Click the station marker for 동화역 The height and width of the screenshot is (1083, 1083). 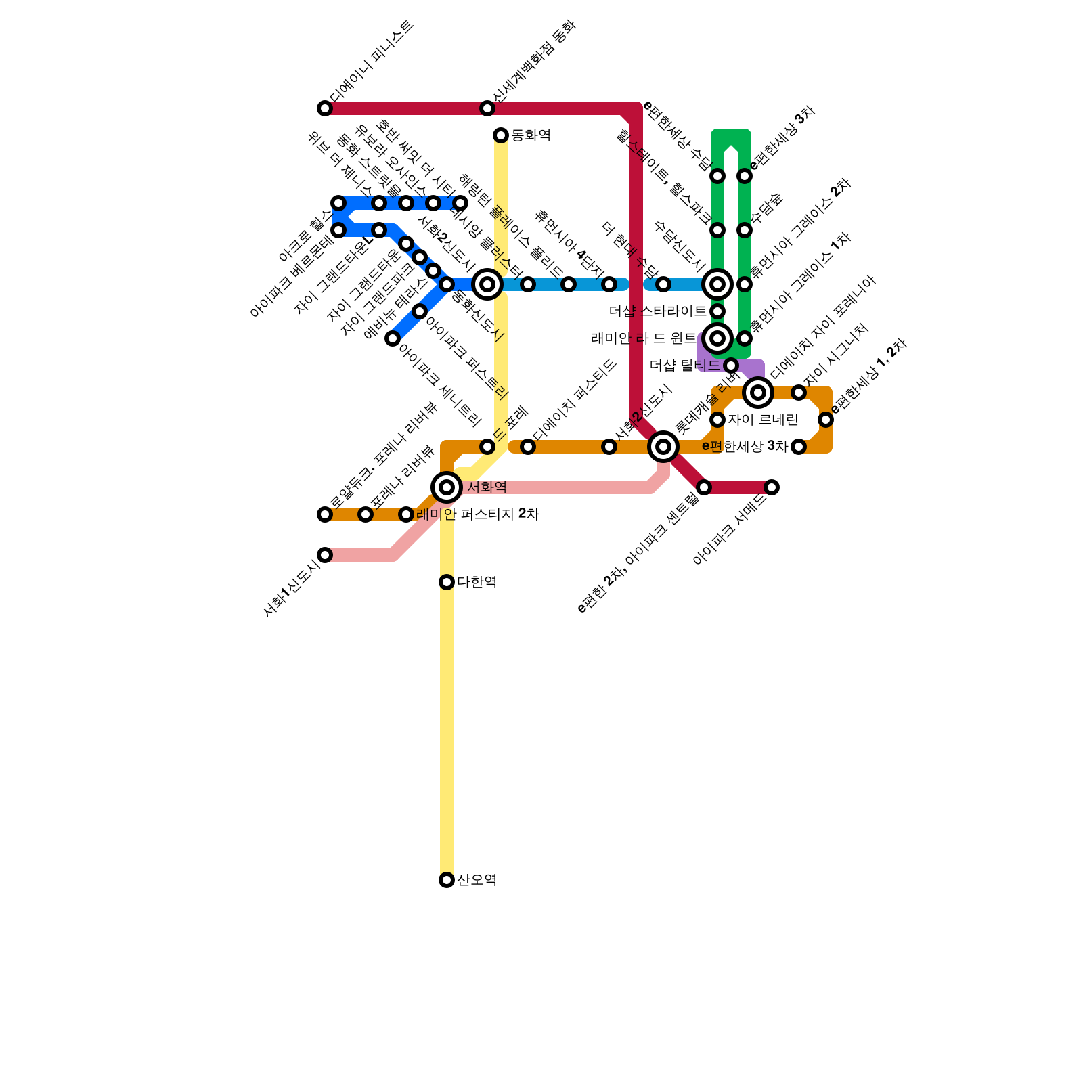click(x=501, y=135)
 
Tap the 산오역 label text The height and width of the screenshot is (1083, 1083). click(x=477, y=880)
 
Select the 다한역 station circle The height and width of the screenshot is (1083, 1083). click(x=447, y=582)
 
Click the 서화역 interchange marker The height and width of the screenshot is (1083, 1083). click(x=447, y=487)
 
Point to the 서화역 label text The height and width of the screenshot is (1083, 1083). click(x=487, y=487)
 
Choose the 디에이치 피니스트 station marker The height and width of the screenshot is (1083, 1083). click(x=325, y=108)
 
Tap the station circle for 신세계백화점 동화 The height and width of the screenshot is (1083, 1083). click(x=487, y=108)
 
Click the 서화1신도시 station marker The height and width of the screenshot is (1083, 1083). click(x=325, y=555)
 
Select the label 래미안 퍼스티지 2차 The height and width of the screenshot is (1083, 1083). click(x=477, y=514)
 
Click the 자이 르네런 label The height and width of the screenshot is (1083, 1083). click(x=763, y=420)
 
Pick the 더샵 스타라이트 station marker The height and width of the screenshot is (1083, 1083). click(x=717, y=311)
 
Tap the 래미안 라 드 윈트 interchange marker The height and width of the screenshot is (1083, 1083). click(x=717, y=338)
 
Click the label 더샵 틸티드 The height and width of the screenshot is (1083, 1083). click(x=684, y=366)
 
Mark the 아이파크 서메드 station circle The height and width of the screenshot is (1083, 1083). click(x=772, y=487)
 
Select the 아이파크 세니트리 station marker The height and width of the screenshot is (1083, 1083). click(x=393, y=338)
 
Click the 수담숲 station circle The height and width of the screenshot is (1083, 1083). click(x=745, y=230)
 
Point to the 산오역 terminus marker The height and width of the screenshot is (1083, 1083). click(x=447, y=880)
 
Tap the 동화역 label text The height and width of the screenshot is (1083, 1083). click(x=531, y=135)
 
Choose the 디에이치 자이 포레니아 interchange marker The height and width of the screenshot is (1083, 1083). click(x=758, y=393)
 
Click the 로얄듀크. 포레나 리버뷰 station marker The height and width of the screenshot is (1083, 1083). click(x=325, y=514)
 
